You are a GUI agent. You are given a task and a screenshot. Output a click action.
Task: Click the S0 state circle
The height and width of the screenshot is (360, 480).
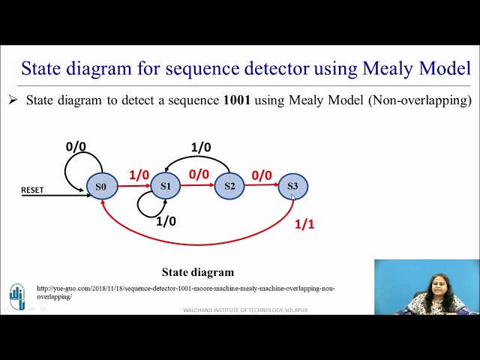pyautogui.click(x=101, y=186)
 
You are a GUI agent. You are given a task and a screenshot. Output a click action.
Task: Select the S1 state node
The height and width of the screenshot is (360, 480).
pyautogui.click(x=165, y=186)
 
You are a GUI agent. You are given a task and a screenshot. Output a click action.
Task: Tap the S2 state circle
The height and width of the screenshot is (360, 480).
pyautogui.click(x=229, y=186)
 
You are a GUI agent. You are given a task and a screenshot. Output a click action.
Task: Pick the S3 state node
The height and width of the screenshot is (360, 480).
pyautogui.click(x=292, y=185)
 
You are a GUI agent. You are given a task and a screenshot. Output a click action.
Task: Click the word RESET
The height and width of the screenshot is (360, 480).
pyautogui.click(x=32, y=190)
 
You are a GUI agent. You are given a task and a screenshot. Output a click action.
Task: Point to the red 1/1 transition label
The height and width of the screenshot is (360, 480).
pyautogui.click(x=304, y=224)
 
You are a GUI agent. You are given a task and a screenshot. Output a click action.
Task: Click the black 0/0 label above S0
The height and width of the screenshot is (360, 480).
pyautogui.click(x=76, y=147)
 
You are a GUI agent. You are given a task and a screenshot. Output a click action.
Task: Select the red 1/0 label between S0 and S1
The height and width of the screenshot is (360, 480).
pyautogui.click(x=139, y=175)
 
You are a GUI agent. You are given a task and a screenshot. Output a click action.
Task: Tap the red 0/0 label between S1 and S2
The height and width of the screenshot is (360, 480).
pyautogui.click(x=199, y=175)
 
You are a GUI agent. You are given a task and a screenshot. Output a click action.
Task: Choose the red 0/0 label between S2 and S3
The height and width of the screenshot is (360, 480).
pyautogui.click(x=262, y=175)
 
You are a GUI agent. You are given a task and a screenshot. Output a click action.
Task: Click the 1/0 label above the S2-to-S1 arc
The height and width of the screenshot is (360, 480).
pyautogui.click(x=201, y=148)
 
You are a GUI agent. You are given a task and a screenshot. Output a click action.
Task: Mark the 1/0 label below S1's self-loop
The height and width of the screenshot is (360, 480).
pyautogui.click(x=166, y=221)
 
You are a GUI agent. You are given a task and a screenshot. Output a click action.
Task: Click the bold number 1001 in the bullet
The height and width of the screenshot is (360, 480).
pyautogui.click(x=237, y=100)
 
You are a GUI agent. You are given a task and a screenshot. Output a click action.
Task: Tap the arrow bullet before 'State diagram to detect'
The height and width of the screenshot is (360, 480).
pyautogui.click(x=13, y=100)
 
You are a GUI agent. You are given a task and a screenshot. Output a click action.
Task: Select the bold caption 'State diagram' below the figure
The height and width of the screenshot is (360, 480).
pyautogui.click(x=198, y=272)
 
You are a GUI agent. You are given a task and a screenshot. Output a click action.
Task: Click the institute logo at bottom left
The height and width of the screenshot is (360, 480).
pyautogui.click(x=16, y=296)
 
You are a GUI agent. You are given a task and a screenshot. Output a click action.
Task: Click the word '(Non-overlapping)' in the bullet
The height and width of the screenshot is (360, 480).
pyautogui.click(x=420, y=100)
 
